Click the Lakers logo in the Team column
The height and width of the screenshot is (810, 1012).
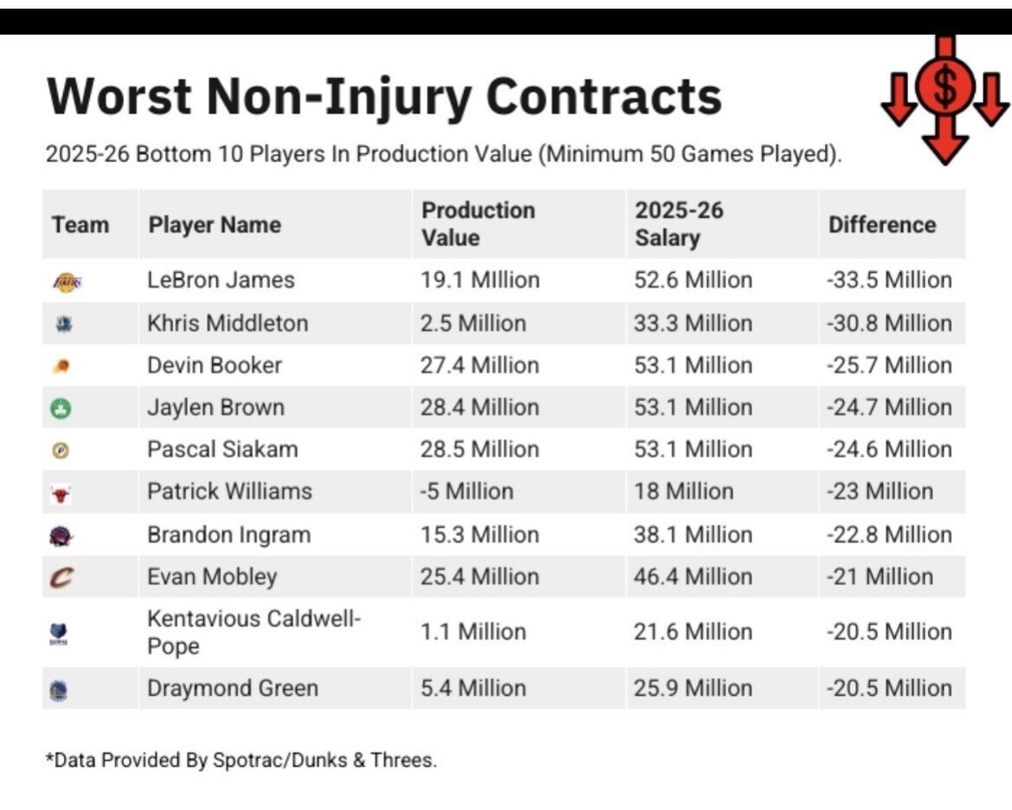67,281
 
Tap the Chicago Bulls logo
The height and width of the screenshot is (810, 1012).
60,495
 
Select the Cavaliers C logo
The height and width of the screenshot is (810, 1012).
61,577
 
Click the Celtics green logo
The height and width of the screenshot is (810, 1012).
61,408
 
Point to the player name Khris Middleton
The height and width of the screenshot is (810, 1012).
227,323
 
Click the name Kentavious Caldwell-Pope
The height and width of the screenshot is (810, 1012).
253,632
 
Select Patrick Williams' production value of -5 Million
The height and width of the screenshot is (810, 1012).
466,492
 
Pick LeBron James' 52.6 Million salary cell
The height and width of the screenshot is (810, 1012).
693,280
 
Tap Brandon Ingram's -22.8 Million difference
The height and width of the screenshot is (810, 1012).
888,535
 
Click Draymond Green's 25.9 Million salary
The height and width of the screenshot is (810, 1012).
693,688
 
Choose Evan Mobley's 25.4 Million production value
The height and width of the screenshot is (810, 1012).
479,577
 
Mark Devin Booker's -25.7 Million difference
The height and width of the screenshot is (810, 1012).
888,365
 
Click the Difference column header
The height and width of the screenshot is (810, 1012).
881,225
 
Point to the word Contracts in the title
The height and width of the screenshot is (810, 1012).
604,97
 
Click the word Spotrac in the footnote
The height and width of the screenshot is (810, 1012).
248,761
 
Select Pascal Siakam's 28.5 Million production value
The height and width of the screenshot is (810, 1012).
479,450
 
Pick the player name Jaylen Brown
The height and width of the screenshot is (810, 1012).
215,408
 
